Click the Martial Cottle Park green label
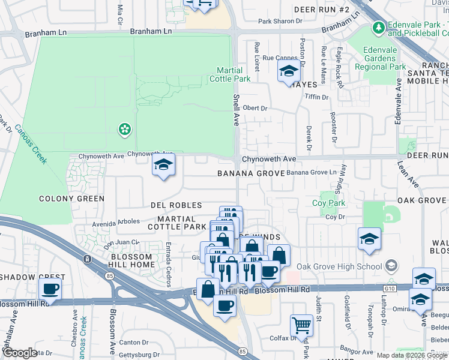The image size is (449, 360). tap(230, 74)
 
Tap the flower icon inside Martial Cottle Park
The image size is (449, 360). tap(124, 128)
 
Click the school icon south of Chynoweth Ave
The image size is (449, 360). tap(163, 166)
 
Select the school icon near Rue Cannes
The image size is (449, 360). tap(289, 71)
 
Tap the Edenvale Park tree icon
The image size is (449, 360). tap(378, 28)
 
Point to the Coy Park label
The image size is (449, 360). tap(329, 203)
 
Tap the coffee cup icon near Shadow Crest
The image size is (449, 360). tap(50, 289)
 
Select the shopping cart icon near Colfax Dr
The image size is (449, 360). tap(301, 325)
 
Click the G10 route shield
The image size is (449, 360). tap(391, 289)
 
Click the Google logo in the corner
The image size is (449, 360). tap(20, 353)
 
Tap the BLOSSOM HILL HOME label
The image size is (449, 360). tap(133, 260)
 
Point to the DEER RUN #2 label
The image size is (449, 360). tap(322, 10)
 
